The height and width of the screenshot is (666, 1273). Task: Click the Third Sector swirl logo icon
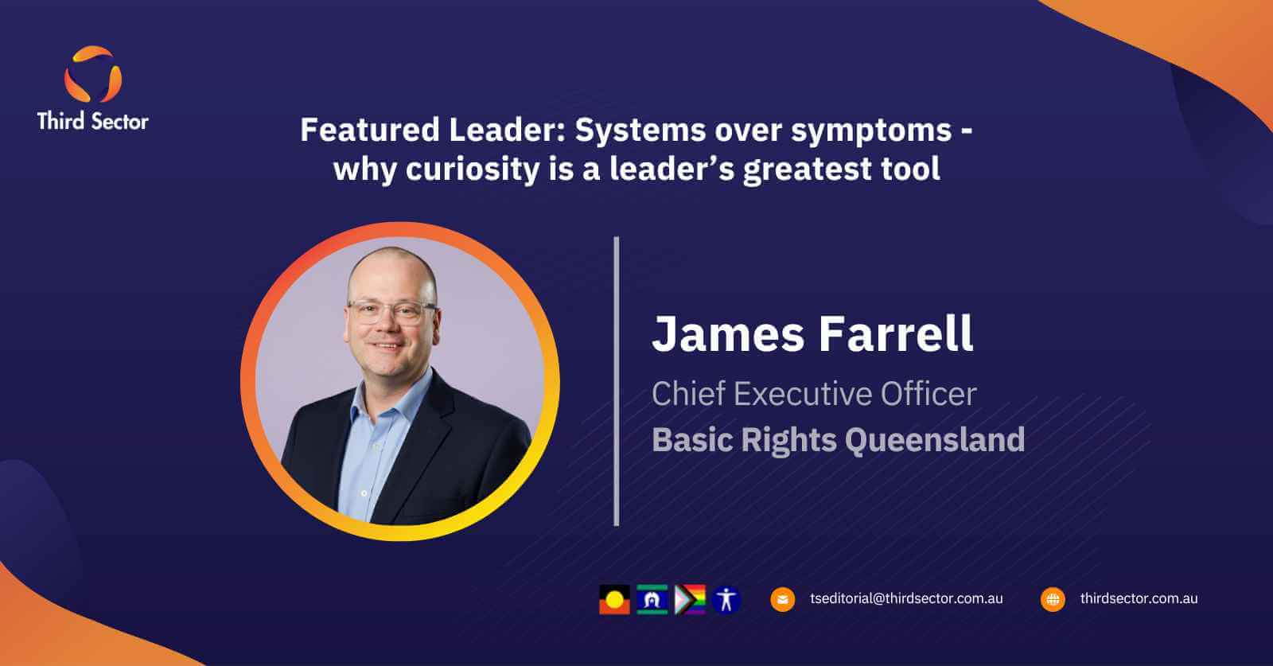[92, 75]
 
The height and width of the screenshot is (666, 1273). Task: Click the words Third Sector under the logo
[92, 121]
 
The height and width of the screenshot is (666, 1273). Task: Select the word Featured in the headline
[370, 130]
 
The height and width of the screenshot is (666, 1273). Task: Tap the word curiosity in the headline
[473, 169]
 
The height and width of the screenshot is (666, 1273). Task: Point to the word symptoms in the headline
[871, 131]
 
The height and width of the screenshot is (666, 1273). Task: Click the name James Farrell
[812, 333]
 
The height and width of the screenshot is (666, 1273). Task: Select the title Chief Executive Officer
[814, 393]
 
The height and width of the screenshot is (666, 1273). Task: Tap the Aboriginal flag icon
[614, 599]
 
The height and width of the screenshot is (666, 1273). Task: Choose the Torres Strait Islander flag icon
[652, 599]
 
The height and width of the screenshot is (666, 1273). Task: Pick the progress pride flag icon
[690, 599]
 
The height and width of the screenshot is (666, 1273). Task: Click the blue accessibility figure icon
[726, 599]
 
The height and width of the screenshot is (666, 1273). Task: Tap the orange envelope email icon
[783, 599]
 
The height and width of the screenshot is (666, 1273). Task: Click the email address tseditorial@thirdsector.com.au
[906, 598]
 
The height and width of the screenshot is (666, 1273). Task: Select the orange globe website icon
[1053, 599]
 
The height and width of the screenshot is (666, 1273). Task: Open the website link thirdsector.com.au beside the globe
[1139, 598]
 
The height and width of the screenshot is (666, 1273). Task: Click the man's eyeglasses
[393, 312]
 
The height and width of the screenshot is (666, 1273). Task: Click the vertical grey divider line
[617, 380]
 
